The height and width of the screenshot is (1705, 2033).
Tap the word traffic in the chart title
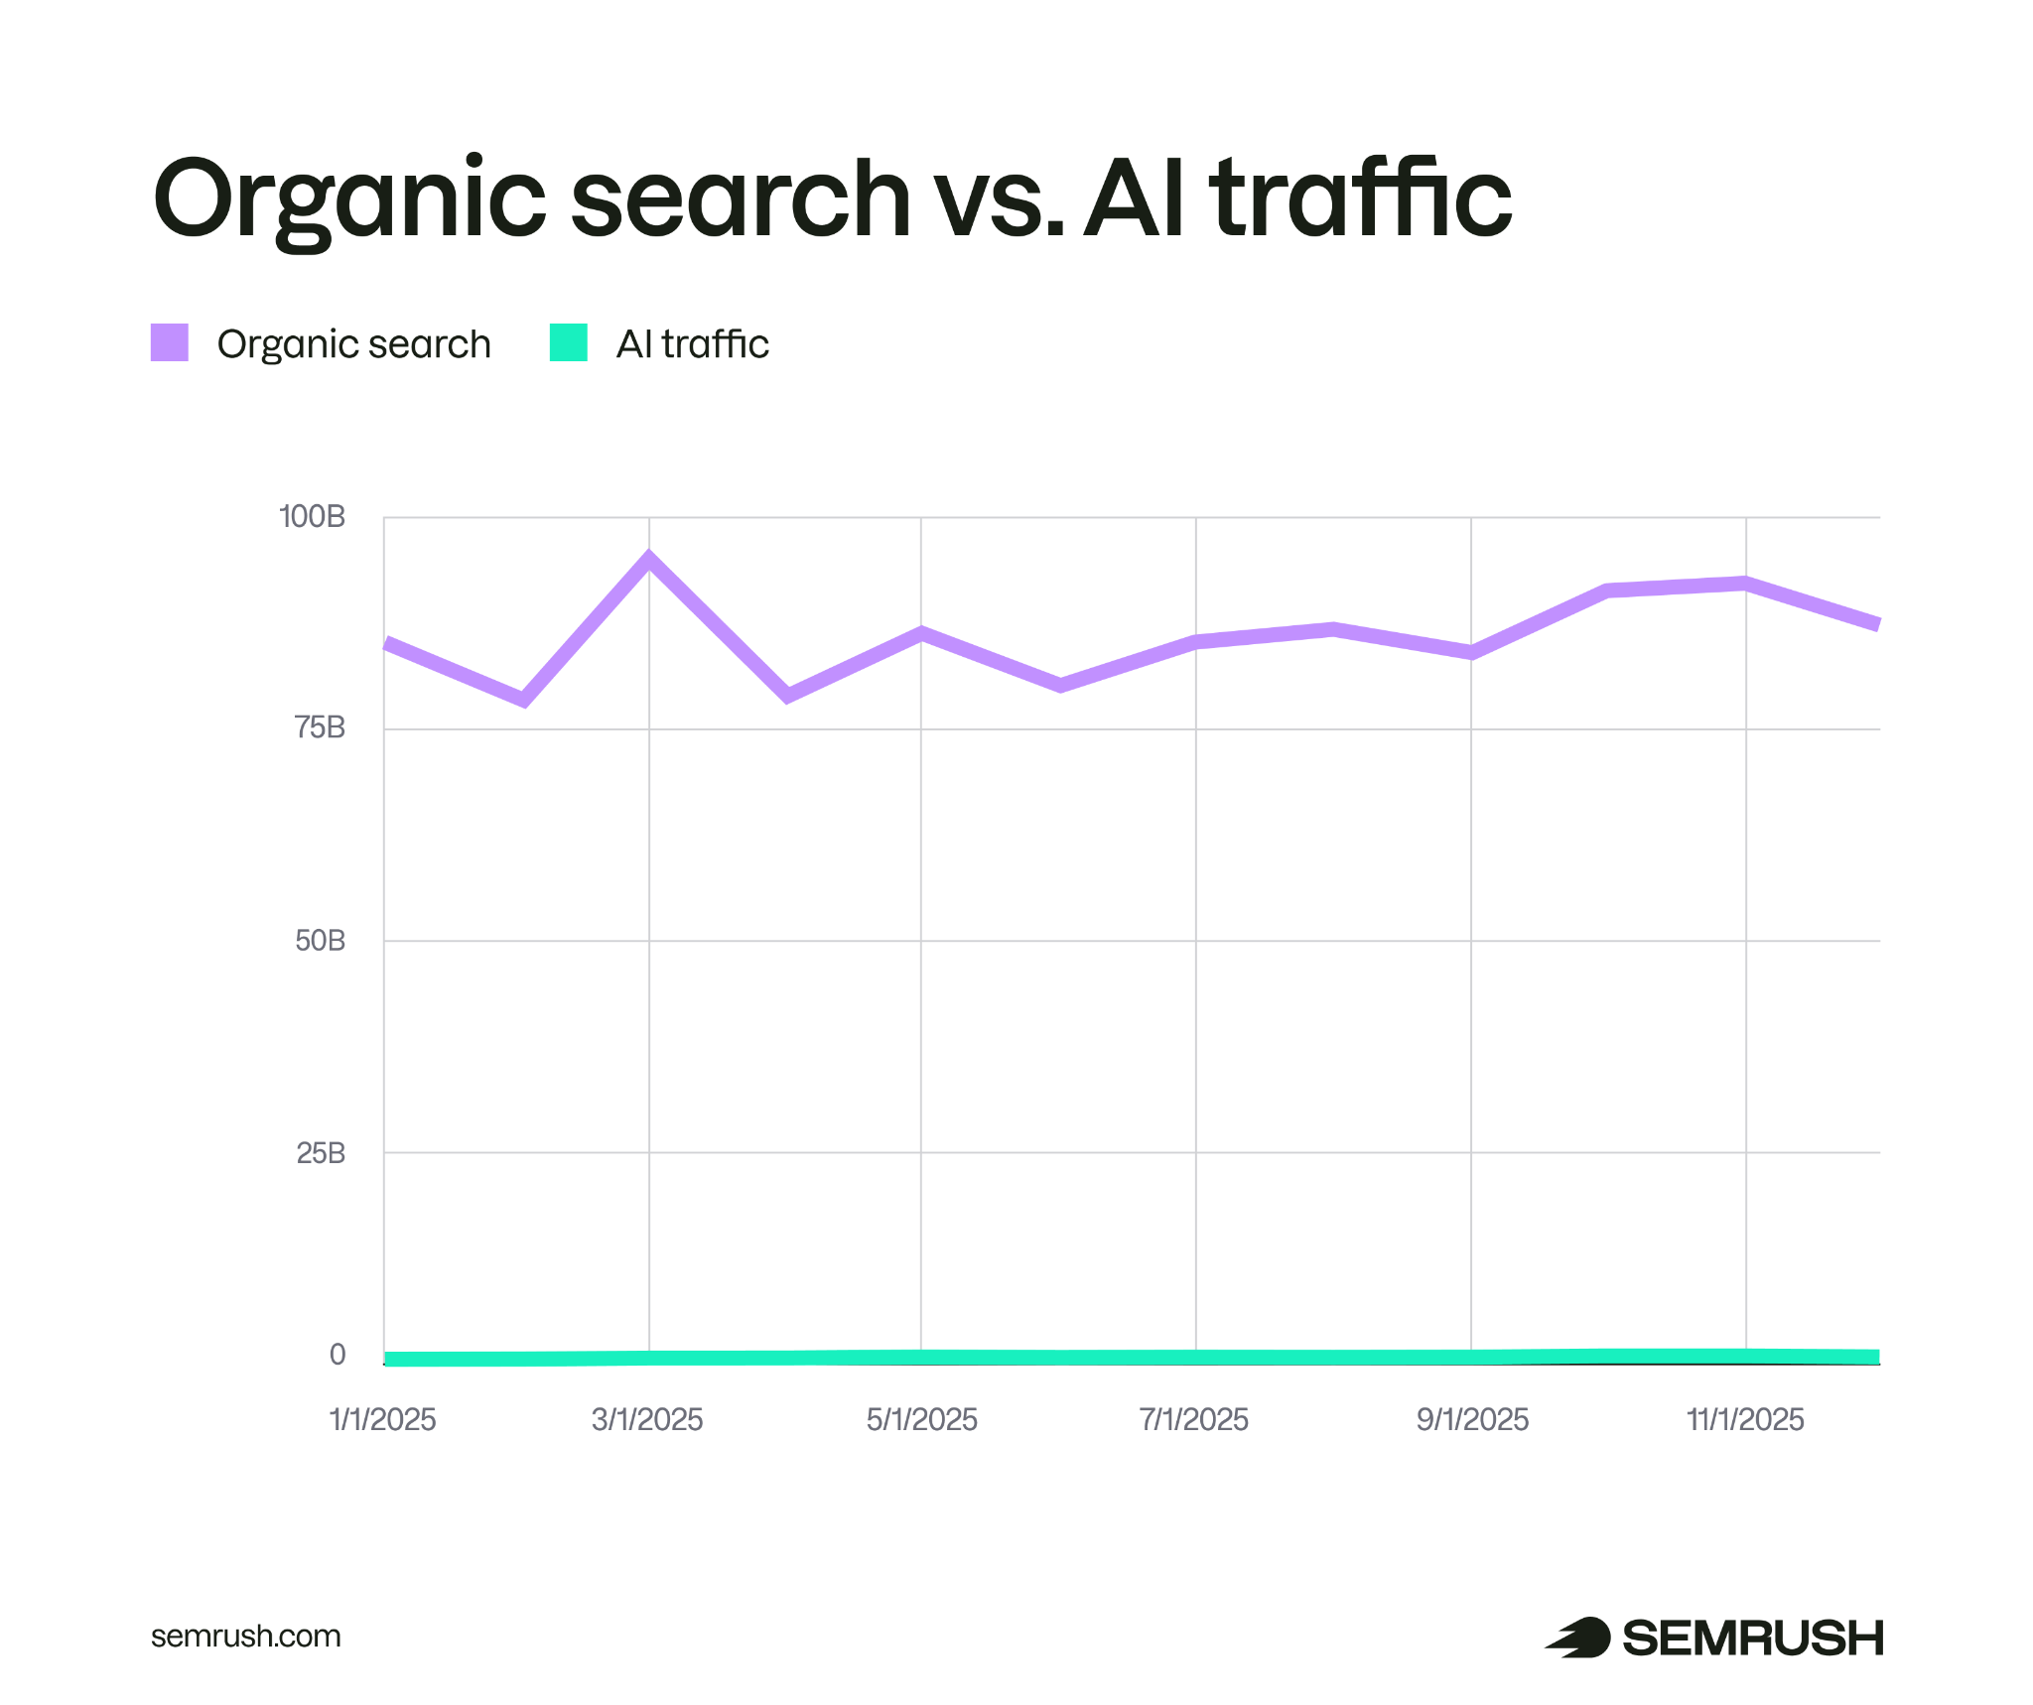tap(1361, 198)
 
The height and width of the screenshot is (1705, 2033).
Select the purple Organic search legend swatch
tap(170, 342)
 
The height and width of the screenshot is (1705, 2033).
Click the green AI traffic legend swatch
tap(569, 342)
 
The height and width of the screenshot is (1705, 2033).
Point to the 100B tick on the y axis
tap(313, 516)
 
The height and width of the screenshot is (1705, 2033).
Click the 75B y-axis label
tap(320, 727)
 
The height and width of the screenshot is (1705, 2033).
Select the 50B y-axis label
tap(320, 940)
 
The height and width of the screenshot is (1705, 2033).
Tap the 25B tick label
tap(321, 1152)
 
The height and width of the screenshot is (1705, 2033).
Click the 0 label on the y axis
tap(338, 1355)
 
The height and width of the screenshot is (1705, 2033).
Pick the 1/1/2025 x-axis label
tap(383, 1419)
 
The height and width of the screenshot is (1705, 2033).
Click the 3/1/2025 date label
tap(647, 1419)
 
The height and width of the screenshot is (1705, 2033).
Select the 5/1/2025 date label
tap(921, 1419)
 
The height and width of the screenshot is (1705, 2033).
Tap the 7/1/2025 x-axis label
tap(1194, 1419)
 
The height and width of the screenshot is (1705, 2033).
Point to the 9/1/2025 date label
tap(1472, 1419)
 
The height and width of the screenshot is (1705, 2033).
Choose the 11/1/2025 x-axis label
tap(1745, 1419)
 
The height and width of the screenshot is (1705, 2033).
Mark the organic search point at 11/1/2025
tap(1745, 584)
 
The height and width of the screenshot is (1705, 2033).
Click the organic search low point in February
tap(524, 700)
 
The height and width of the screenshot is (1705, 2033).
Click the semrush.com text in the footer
tap(245, 1636)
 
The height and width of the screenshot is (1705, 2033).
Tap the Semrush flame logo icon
tap(1578, 1637)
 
